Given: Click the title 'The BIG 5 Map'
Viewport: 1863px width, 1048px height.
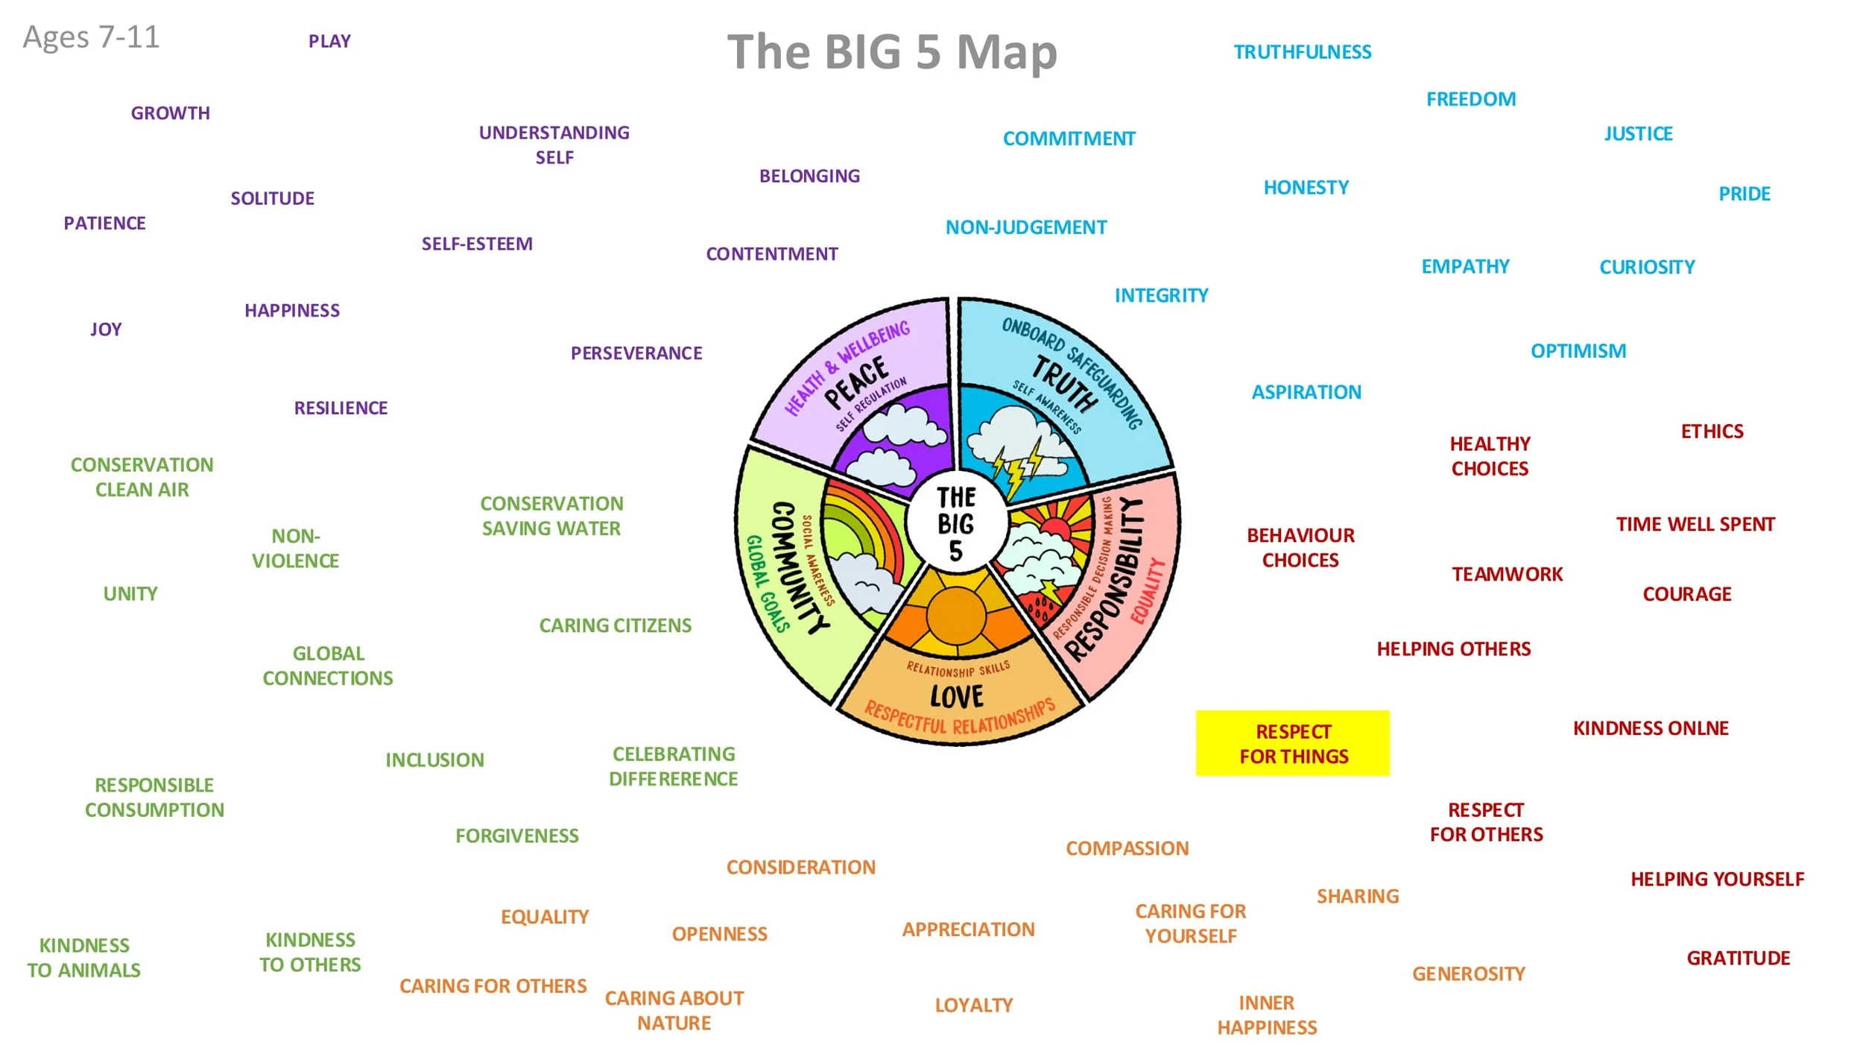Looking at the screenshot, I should click(892, 52).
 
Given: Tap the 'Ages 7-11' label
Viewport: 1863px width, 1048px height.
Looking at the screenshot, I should click(91, 37).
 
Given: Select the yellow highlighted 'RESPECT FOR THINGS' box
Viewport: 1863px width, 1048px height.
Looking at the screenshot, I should click(1292, 743).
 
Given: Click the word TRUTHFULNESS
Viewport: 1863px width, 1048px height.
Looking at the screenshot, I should click(1302, 52).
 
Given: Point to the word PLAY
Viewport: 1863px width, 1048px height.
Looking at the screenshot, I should click(329, 41).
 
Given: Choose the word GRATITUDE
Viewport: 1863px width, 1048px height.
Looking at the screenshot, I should click(1738, 958).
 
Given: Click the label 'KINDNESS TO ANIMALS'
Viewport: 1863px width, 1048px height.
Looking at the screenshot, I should click(84, 958).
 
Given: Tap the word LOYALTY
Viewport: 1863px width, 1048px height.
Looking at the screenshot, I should click(973, 1005).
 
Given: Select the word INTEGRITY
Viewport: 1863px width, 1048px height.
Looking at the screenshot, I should click(1161, 295).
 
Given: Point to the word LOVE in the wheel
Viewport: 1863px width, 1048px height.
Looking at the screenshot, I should click(957, 697).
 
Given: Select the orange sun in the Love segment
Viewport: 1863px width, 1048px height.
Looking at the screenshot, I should click(956, 615).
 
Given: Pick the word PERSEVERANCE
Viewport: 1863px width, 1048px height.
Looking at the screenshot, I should click(636, 353).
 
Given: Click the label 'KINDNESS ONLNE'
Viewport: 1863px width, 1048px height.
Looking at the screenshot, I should click(1651, 727).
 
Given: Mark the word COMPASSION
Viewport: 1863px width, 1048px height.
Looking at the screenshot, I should click(1127, 848).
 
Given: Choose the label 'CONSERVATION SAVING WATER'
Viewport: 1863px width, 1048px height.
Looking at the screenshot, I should click(551, 516).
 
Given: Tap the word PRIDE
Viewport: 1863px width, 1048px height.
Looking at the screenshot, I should click(1745, 194).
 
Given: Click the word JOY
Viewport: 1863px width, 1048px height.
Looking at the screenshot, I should click(106, 329).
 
